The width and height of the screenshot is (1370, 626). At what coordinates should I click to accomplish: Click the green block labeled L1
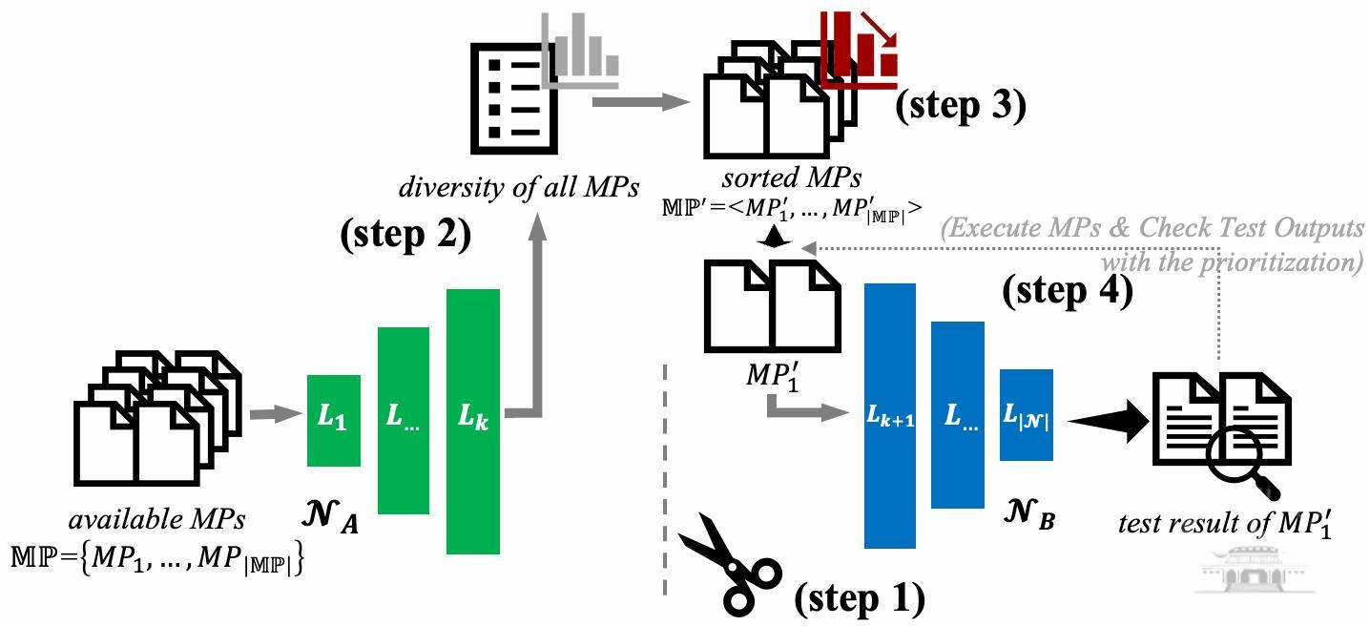[x=333, y=420]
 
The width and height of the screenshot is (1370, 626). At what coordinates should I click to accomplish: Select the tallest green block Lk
[x=473, y=421]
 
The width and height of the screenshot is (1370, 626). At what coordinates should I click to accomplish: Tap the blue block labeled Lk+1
[x=889, y=415]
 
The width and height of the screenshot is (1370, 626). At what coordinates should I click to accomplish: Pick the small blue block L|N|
[x=1026, y=415]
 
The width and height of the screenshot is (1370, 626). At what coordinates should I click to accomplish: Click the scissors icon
[x=730, y=563]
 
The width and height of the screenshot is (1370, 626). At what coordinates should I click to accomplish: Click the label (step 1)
[x=860, y=598]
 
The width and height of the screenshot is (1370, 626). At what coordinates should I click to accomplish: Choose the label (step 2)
[x=405, y=234]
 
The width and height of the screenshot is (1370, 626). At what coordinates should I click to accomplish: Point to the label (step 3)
[x=960, y=106]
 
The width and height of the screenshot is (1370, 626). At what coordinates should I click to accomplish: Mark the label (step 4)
[x=1067, y=289]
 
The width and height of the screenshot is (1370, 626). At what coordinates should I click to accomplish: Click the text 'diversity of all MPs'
[x=519, y=186]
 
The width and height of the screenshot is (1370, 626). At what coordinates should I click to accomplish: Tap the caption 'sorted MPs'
[x=792, y=177]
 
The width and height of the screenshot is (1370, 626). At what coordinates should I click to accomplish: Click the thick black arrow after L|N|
[x=1109, y=420]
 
